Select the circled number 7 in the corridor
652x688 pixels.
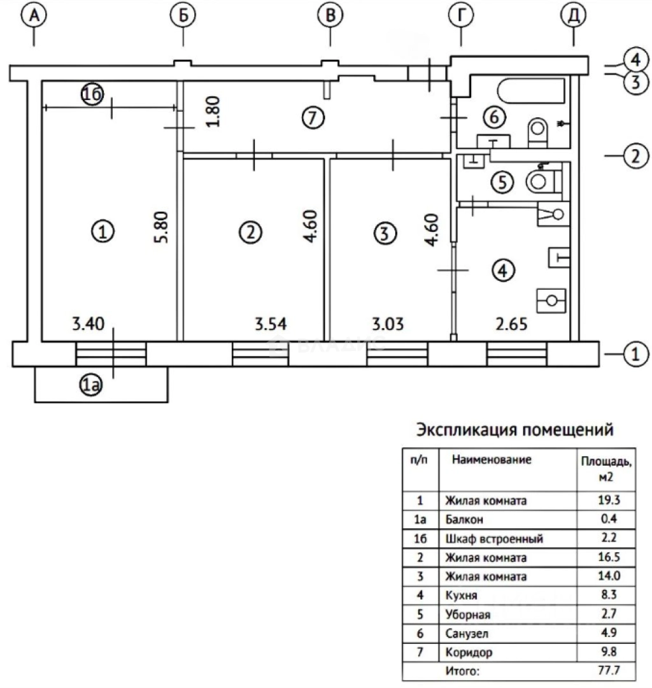[x=313, y=117]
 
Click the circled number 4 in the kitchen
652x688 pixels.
[x=502, y=271]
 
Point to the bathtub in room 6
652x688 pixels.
[x=532, y=92]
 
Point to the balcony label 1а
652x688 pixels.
[x=90, y=383]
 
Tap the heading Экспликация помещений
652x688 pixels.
[x=514, y=430]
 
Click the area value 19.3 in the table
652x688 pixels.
[x=606, y=501]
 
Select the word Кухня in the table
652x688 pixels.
[x=462, y=596]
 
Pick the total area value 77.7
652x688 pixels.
[x=606, y=671]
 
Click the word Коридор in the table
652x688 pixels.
[x=469, y=652]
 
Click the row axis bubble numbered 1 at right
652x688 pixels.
[x=635, y=354]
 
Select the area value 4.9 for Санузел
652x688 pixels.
[x=606, y=633]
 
